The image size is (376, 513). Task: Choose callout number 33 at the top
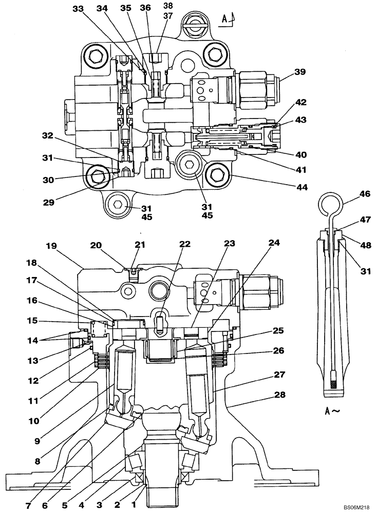click(78, 9)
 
